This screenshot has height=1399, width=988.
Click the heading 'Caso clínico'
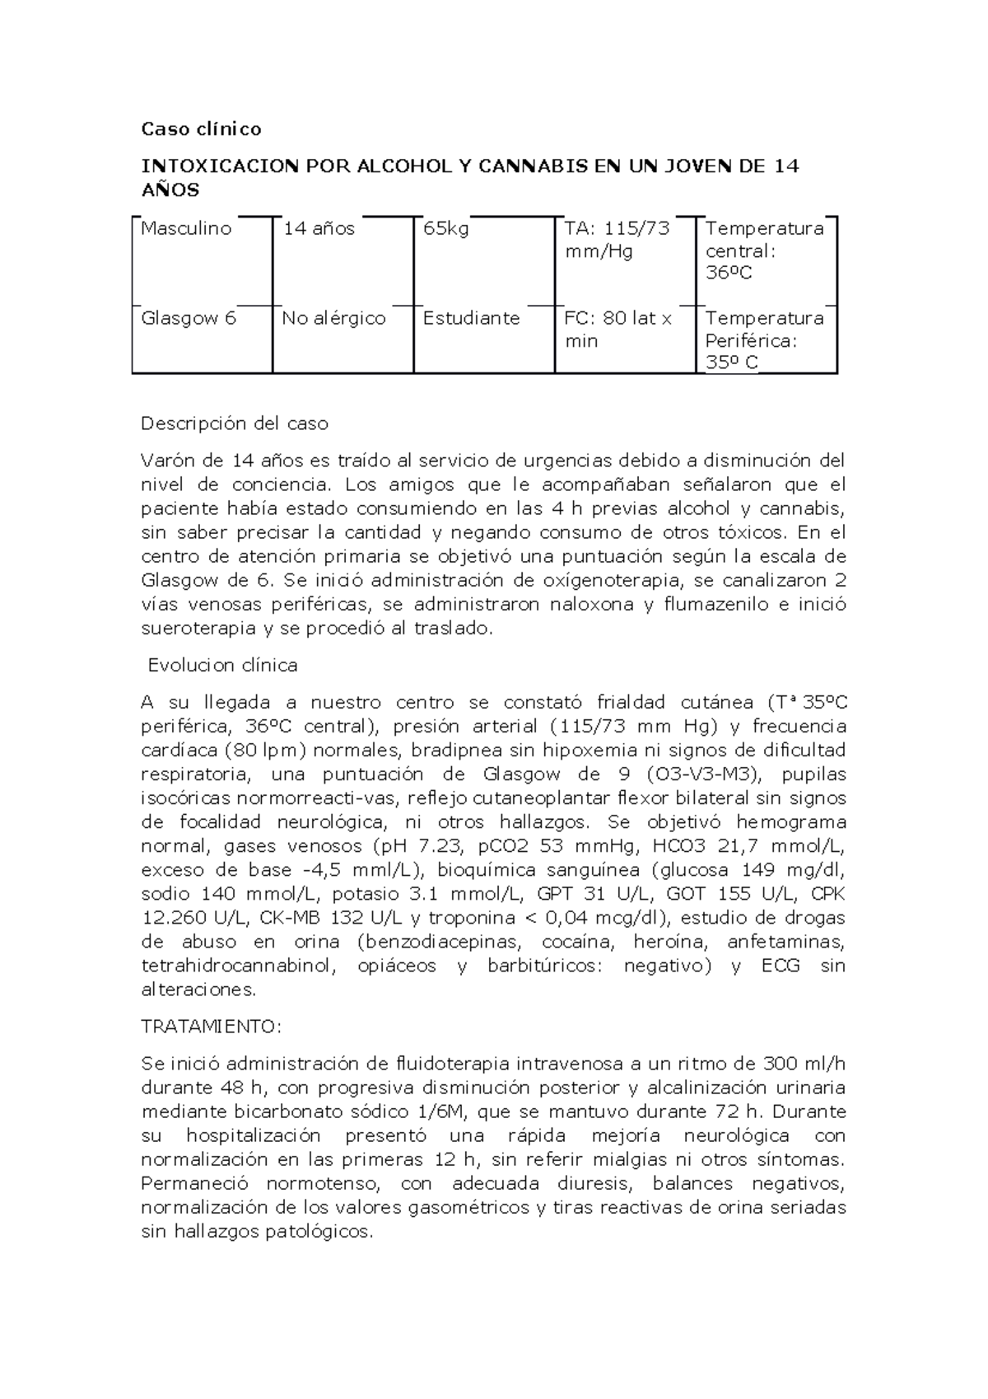coord(201,129)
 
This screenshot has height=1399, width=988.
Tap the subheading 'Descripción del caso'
coord(235,423)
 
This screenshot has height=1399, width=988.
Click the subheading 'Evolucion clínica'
coord(222,665)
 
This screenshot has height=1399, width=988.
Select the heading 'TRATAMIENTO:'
coord(212,1027)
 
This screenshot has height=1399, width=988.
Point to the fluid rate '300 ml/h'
coord(804,1063)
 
